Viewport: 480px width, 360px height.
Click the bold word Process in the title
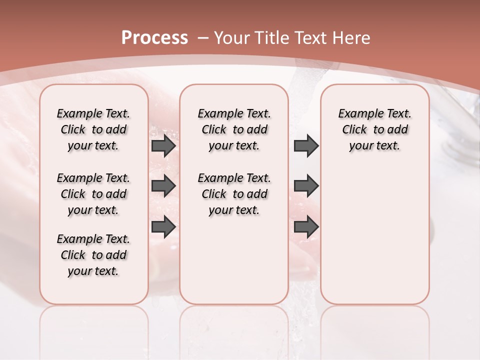(154, 38)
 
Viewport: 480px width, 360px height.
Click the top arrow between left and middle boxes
(163, 146)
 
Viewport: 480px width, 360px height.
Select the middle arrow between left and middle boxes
(163, 186)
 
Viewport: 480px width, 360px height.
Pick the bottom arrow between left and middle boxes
(163, 227)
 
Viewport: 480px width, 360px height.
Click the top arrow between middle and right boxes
(306, 146)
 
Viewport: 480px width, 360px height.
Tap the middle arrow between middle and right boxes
(306, 186)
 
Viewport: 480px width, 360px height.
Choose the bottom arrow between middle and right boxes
(306, 227)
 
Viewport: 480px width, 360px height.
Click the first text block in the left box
(93, 129)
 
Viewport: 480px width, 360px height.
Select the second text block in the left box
(93, 194)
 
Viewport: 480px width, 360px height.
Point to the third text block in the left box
(93, 255)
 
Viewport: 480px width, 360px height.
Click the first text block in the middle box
(234, 129)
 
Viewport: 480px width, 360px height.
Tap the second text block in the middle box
(234, 194)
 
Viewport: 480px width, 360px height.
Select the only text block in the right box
(374, 129)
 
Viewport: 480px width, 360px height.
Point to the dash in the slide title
(203, 38)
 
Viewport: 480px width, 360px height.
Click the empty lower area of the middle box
(234, 260)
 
